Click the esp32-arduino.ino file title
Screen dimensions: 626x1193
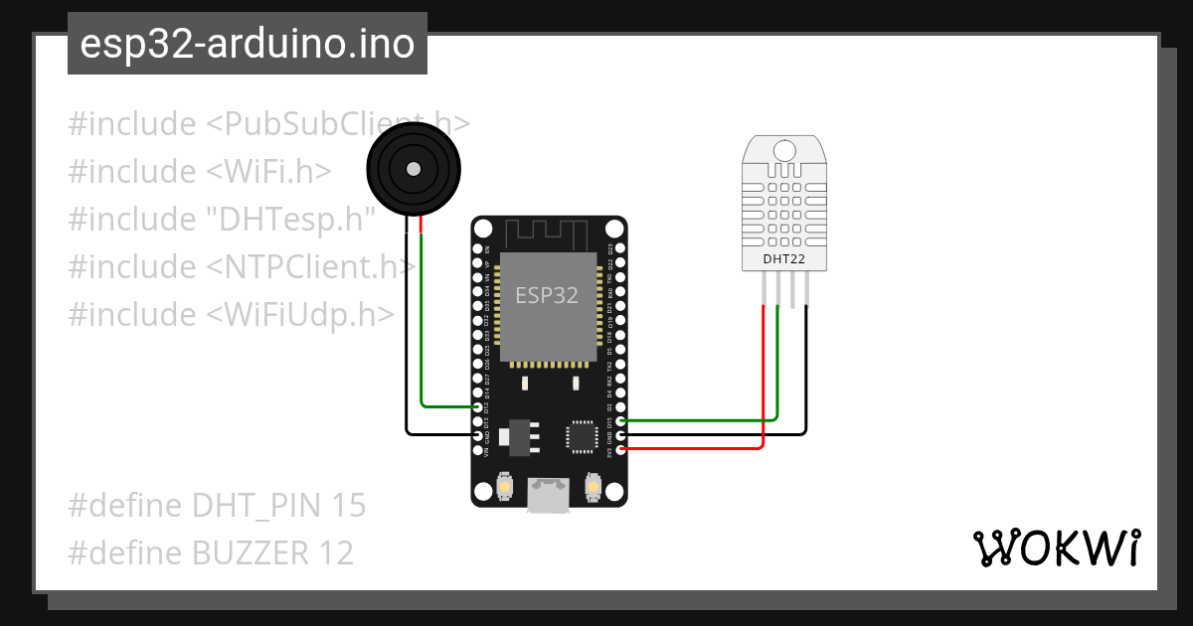pyautogui.click(x=247, y=44)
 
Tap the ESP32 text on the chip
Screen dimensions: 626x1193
pyautogui.click(x=547, y=295)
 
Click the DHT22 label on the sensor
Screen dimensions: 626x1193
pyautogui.click(x=783, y=260)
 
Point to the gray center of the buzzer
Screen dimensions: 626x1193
pyautogui.click(x=413, y=167)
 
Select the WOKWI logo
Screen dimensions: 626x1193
pyautogui.click(x=1056, y=548)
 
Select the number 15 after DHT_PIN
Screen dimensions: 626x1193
pyautogui.click(x=349, y=506)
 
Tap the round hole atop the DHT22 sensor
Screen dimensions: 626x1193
pyautogui.click(x=783, y=150)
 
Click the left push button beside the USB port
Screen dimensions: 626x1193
pyautogui.click(x=505, y=487)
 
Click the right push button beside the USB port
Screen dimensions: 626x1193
pyautogui.click(x=593, y=487)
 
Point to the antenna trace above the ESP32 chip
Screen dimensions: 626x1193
pyautogui.click(x=548, y=234)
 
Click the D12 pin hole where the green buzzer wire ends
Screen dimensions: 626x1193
pyautogui.click(x=478, y=407)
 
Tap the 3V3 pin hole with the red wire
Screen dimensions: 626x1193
pyautogui.click(x=620, y=450)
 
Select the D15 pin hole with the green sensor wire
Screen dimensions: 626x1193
pyautogui.click(x=620, y=421)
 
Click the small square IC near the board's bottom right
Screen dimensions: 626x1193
pyautogui.click(x=580, y=436)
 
